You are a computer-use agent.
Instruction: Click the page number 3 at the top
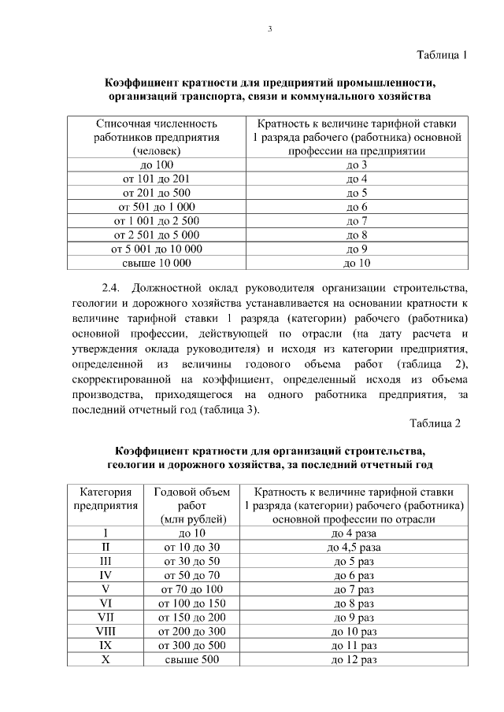coord(269,29)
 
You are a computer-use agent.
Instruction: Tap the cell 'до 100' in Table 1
coord(156,164)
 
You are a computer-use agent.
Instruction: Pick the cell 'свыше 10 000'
coord(156,264)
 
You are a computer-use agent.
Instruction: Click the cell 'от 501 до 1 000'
coord(156,207)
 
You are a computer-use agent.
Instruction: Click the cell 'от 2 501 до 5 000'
coord(156,235)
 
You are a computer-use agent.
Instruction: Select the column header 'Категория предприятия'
coord(106,505)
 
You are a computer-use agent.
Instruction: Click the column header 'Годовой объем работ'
coord(192,505)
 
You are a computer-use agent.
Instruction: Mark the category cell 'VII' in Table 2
coord(106,617)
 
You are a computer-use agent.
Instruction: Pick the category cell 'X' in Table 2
coord(106,659)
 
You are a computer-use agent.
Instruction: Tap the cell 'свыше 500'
coord(192,659)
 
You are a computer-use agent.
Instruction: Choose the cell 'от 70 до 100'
coord(192,588)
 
